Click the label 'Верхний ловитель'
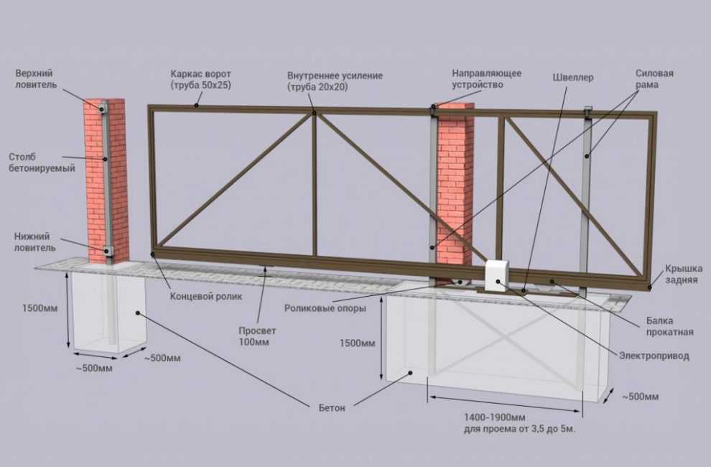coord(37,79)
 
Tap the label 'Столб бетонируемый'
coord(42,162)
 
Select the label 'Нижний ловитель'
coord(35,242)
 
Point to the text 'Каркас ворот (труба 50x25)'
coord(201,80)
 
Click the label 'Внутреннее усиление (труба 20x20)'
coord(335,80)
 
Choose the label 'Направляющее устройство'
coord(486,79)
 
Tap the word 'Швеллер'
coord(572,78)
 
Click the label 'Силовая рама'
coord(654,79)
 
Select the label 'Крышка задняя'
coord(684,274)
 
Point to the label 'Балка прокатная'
coord(670,326)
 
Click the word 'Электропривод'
coord(654,356)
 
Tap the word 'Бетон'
coord(332,408)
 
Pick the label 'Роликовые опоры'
coord(325,308)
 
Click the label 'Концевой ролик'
coord(206,296)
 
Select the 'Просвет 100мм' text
coord(257,336)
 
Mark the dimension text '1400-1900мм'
coord(494,417)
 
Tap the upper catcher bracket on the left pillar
coord(104,108)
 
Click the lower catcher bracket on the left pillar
coord(108,250)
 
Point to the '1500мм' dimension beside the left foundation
coord(40,308)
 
